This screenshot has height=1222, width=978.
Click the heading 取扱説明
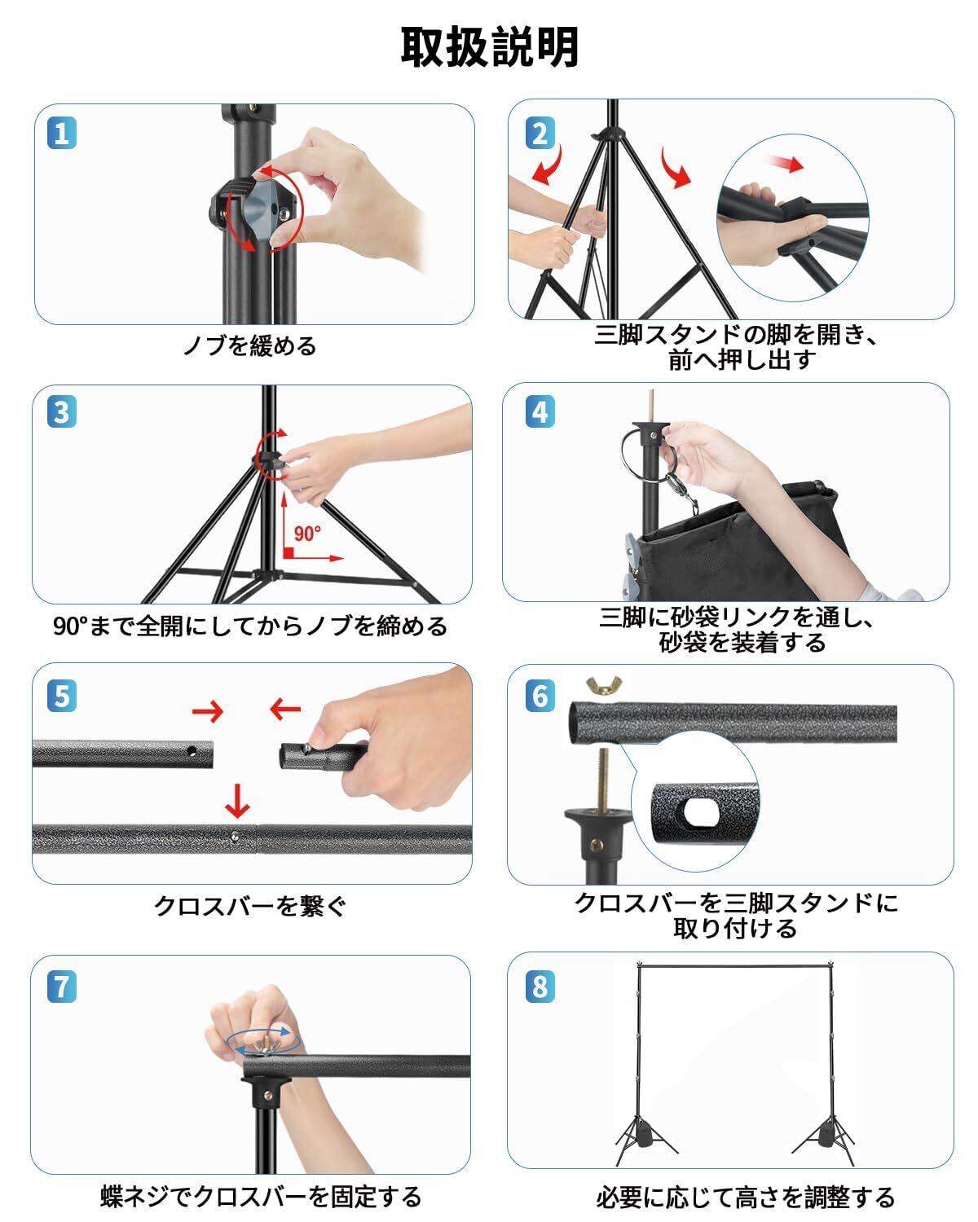click(x=489, y=47)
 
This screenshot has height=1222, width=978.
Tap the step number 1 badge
click(x=62, y=134)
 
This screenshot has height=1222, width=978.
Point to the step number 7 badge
click(x=62, y=987)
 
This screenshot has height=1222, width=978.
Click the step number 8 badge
click(x=540, y=987)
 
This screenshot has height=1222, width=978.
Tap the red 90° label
click(x=307, y=534)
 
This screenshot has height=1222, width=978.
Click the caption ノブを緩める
click(x=249, y=345)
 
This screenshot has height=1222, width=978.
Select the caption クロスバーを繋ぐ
click(x=249, y=905)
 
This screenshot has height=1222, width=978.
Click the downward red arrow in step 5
click(x=237, y=802)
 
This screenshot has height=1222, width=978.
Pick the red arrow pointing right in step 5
click(x=208, y=711)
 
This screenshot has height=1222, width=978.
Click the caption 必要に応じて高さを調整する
click(x=745, y=1197)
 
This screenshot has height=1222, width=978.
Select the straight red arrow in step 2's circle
click(x=786, y=164)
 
